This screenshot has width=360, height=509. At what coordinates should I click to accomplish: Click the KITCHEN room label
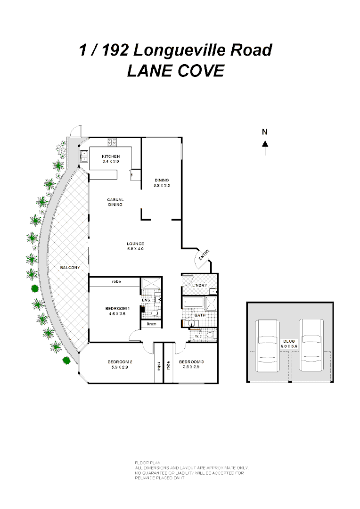coord(111,156)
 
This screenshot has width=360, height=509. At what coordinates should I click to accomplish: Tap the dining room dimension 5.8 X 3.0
coord(162,185)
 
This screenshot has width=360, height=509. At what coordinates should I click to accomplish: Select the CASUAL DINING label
coord(115,202)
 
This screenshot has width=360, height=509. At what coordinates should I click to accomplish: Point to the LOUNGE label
coord(135,244)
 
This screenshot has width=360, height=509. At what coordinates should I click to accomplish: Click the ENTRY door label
coord(204,255)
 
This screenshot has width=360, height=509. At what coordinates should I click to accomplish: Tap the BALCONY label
coord(70,268)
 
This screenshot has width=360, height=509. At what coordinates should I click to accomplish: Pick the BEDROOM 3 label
coord(191,362)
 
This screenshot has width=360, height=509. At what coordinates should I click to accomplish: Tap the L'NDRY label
coord(200,286)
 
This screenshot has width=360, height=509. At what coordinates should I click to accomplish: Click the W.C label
coord(198,337)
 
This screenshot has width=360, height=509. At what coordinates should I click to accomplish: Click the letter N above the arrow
coord(265,132)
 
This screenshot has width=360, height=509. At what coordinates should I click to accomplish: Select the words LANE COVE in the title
coord(176,71)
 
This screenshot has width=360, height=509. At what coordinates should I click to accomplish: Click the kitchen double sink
coord(84,156)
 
